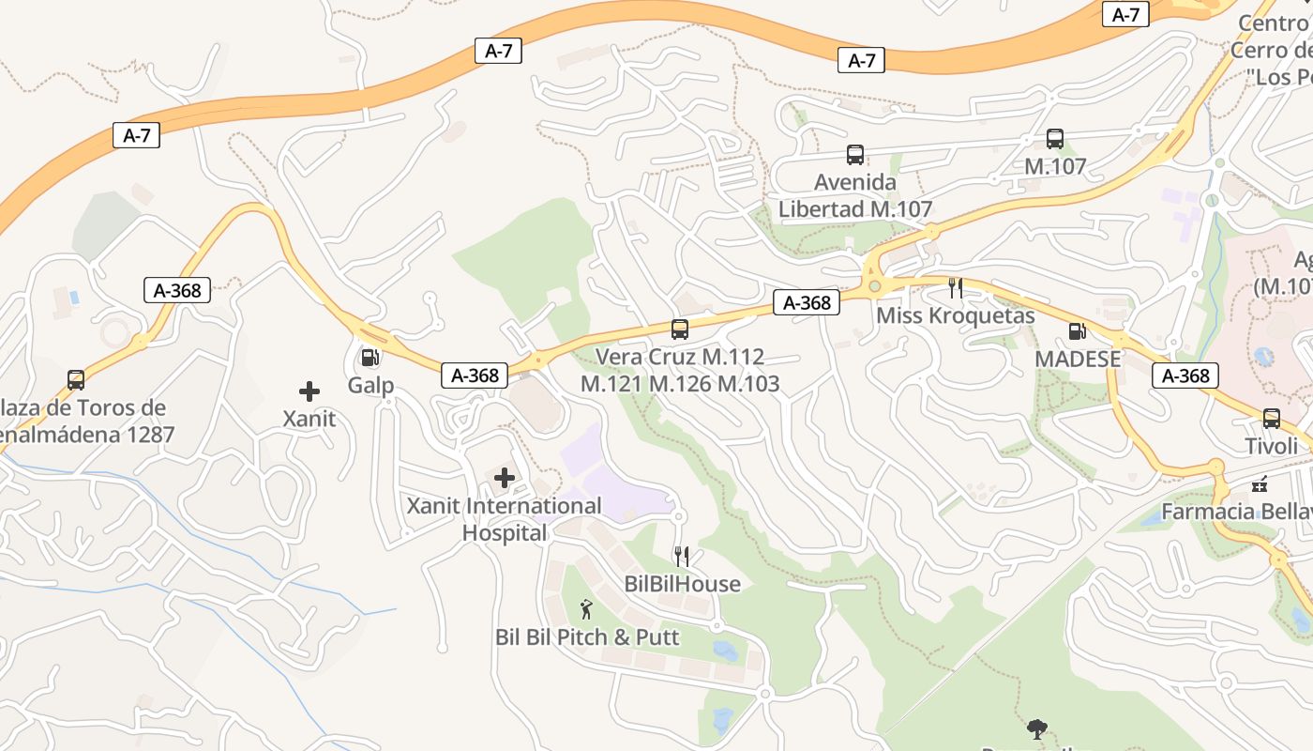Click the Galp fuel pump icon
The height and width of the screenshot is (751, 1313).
[x=370, y=358]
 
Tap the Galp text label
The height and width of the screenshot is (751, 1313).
[x=370, y=386]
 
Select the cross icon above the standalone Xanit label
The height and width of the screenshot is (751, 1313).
[x=309, y=391]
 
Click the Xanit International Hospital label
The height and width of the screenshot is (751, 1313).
[x=505, y=519]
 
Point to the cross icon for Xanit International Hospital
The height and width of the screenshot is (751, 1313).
[x=505, y=479]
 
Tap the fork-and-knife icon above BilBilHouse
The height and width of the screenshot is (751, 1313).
[x=682, y=557]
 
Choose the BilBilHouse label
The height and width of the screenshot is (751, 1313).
[x=682, y=585]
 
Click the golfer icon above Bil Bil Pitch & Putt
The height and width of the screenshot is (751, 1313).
[x=586, y=609]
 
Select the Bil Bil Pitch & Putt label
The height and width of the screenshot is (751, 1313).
[x=587, y=637]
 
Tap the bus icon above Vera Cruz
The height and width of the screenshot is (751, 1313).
[x=680, y=330]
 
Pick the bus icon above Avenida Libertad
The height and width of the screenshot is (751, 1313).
[x=855, y=155]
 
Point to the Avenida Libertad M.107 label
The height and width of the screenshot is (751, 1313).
[x=855, y=195]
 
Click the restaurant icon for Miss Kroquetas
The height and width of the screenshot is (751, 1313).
[x=956, y=287]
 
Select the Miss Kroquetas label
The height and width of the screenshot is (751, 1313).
[x=956, y=315]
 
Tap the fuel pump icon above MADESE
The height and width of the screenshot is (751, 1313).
[x=1077, y=330]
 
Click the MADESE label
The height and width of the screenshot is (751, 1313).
[x=1078, y=359]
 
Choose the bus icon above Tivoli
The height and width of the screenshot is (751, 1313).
[x=1272, y=419]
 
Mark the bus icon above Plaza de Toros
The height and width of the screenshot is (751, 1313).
[x=76, y=380]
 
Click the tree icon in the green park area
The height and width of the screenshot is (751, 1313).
[x=1037, y=728]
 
